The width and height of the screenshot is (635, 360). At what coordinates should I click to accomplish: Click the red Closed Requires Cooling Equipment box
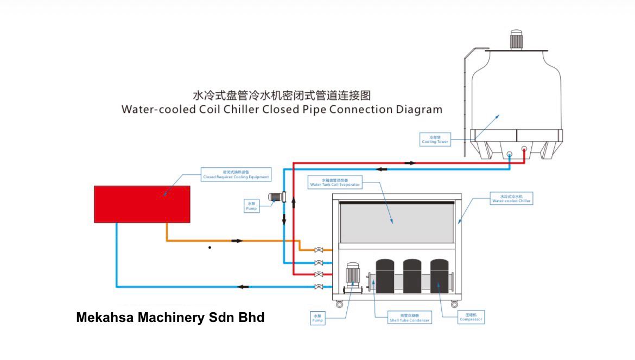coord(142,204)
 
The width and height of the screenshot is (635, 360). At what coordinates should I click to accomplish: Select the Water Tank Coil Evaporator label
coord(335,182)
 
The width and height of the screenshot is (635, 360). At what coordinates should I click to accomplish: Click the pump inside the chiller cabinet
coord(353,274)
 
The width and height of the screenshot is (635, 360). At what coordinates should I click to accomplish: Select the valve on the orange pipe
coord(319,250)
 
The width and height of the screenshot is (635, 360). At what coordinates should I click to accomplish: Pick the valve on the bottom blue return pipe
coord(319,286)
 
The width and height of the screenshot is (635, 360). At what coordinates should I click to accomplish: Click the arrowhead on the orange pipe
coord(237,240)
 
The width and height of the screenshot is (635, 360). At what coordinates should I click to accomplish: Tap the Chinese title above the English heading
coord(282,96)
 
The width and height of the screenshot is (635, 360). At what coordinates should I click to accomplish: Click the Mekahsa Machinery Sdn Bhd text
coord(170,318)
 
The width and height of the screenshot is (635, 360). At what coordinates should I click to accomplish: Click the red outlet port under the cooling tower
coord(524,149)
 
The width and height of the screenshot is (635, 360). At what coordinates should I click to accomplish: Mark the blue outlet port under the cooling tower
coord(510,154)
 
